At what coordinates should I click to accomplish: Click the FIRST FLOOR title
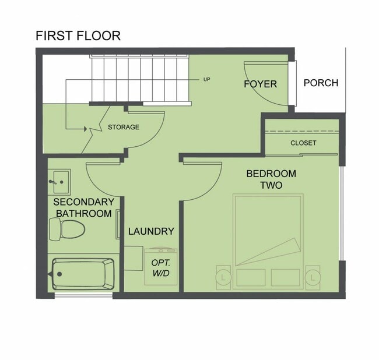[78, 35]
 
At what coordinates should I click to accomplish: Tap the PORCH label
[321, 83]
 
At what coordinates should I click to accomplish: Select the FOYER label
[260, 84]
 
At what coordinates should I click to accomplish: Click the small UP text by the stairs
[206, 79]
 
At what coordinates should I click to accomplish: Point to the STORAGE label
[124, 127]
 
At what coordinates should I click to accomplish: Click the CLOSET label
[303, 143]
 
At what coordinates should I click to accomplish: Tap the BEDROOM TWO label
[271, 179]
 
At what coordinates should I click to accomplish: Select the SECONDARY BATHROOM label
[83, 208]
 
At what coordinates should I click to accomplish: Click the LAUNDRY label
[151, 231]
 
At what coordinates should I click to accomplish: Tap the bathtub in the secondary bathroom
[83, 273]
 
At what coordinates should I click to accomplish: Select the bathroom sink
[59, 181]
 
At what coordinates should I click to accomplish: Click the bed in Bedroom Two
[268, 241]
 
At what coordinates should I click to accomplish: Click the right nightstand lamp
[313, 276]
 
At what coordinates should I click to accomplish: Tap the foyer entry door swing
[267, 83]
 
